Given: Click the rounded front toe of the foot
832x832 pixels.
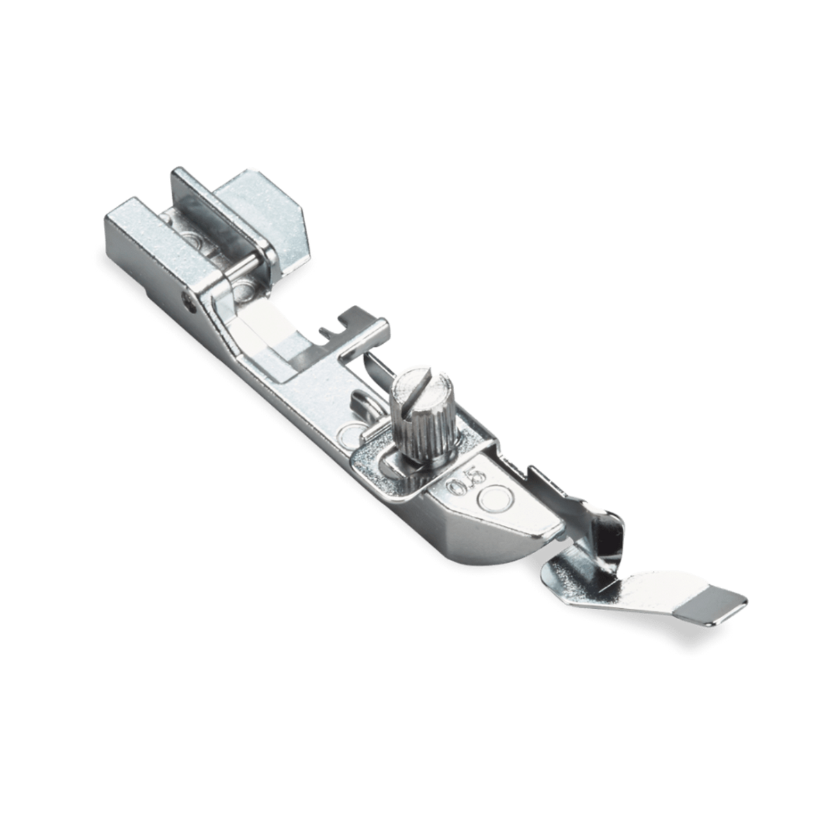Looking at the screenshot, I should tap(478, 555).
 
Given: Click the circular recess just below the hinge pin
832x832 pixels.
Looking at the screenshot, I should tap(242, 287).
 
